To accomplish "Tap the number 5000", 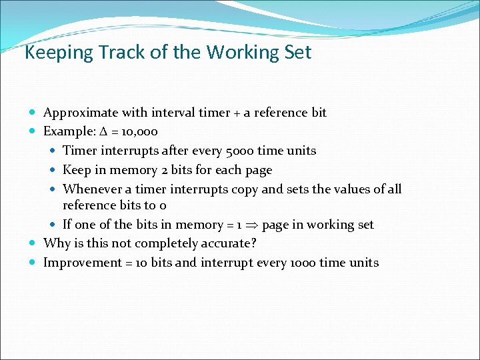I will tap(239, 150).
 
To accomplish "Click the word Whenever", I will tap(91, 189).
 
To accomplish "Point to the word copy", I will tap(245, 189).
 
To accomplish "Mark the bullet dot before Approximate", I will tap(34, 113).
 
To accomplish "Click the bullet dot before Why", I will tap(34, 244).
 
